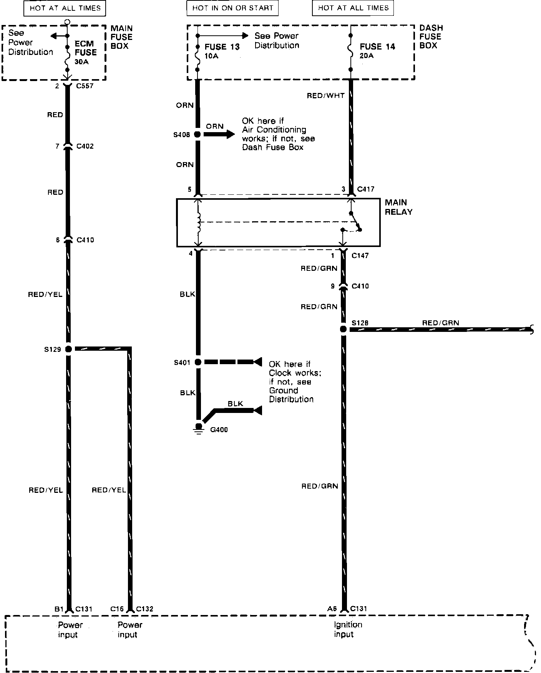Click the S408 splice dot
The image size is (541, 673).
[x=197, y=134]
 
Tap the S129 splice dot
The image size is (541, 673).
[x=68, y=349]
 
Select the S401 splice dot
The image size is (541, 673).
[x=198, y=362]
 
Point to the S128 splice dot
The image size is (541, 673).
[x=343, y=329]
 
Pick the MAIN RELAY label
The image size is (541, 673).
[x=398, y=207]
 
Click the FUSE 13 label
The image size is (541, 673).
[x=222, y=47]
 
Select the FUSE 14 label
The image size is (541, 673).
[x=377, y=47]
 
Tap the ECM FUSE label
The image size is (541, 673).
[x=85, y=48]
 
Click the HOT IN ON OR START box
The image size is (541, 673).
[x=232, y=8]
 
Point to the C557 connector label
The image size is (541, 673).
[x=85, y=86]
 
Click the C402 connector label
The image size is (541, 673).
[x=85, y=146]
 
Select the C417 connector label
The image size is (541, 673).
[x=365, y=189]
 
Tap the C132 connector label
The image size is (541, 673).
[x=144, y=609]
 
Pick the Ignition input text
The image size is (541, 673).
[x=348, y=630]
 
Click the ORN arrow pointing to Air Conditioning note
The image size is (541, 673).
[x=219, y=134]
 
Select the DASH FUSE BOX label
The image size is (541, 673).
[x=431, y=36]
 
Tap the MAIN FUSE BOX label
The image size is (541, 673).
[x=121, y=37]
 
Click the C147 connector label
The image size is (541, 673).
[x=360, y=255]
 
